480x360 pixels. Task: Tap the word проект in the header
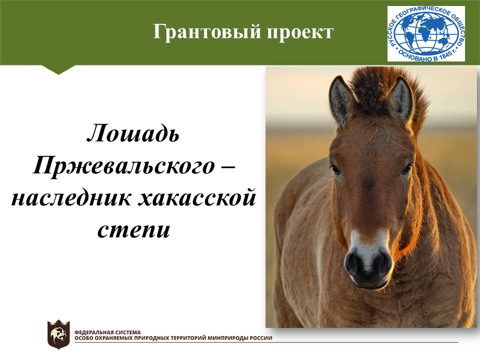300,32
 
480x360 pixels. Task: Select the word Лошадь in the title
133,133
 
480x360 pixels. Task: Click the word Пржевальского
124,165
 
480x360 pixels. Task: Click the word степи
133,230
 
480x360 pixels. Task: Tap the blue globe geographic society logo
426,33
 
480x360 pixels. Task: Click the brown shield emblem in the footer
58,334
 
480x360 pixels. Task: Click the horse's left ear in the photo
340,100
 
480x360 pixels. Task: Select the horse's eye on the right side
406,169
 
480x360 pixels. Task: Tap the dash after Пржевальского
227,167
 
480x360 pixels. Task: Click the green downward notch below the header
58,69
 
